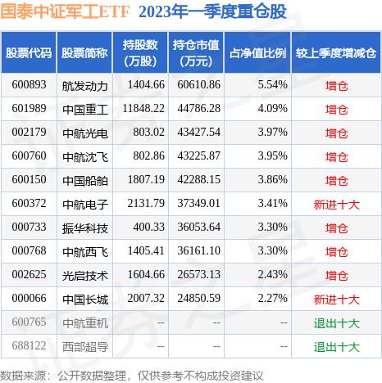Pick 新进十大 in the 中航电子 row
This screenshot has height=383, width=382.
337,201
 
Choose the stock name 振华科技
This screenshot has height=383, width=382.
84,223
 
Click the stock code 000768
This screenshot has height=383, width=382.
29,247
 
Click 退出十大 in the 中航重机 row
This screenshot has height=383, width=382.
337,323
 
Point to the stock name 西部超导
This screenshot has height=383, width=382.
84,346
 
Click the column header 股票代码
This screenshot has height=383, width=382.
29,53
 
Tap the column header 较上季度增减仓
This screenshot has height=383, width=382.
337,53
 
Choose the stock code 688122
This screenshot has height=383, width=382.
29,346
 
